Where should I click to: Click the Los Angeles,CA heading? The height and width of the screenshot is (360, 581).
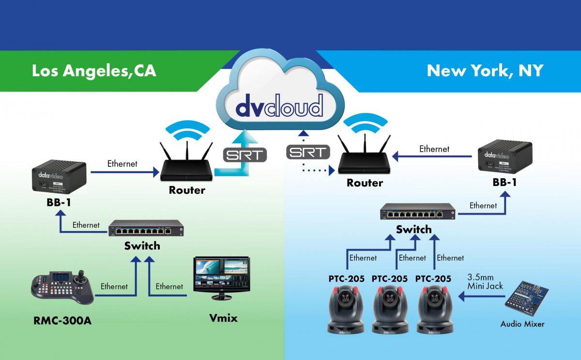pyautogui.click(x=94, y=71)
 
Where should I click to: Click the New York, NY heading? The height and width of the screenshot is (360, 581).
pyautogui.click(x=485, y=71)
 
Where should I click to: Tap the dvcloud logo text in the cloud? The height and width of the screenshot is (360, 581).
pyautogui.click(x=279, y=106)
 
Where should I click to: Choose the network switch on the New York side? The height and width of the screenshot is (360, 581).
pyautogui.click(x=417, y=212)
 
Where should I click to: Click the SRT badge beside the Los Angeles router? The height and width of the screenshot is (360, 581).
pyautogui.click(x=245, y=156)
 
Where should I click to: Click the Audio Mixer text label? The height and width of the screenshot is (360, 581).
pyautogui.click(x=522, y=323)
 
